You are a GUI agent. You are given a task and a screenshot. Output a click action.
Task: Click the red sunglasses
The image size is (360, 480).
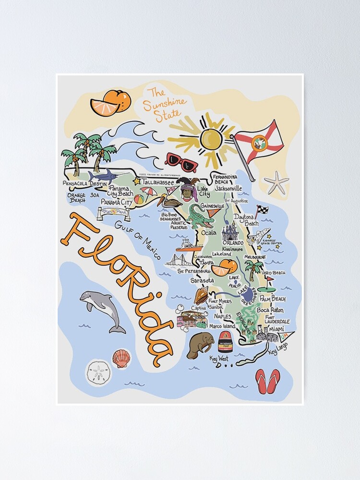click(181, 162)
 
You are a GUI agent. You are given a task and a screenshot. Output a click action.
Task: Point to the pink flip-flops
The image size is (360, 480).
click(267, 381)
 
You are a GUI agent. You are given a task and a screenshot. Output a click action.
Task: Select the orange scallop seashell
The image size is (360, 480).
click(121, 358)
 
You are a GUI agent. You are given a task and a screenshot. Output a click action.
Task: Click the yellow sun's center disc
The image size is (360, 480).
click(211, 139)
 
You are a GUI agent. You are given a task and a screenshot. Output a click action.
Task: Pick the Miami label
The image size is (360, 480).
click(276, 329)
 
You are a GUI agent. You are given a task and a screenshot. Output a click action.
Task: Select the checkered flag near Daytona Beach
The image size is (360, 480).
click(263, 210)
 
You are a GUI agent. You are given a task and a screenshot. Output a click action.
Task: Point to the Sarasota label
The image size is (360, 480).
click(202, 280)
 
